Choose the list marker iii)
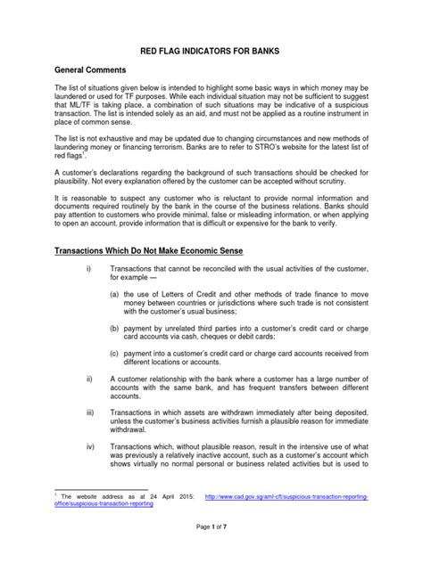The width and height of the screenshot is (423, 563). click(90, 413)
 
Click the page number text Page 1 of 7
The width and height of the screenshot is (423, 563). click(211, 543)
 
